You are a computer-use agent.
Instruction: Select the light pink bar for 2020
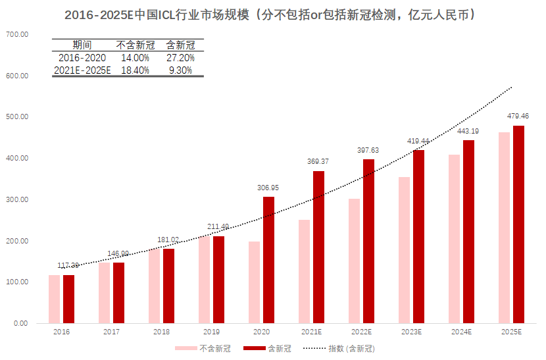pyautogui.click(x=254, y=282)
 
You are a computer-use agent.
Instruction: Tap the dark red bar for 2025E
pyautogui.click(x=518, y=224)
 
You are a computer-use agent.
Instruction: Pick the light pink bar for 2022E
pyautogui.click(x=354, y=261)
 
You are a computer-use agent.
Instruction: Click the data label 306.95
pyautogui.click(x=268, y=188)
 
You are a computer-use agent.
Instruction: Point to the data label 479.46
pyautogui.click(x=518, y=116)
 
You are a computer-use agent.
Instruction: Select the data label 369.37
pyautogui.click(x=318, y=162)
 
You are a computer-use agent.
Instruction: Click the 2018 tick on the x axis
pyautogui.click(x=161, y=332)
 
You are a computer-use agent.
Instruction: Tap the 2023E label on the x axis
pyautogui.click(x=411, y=332)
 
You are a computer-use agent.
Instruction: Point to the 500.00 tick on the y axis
pyautogui.click(x=17, y=117)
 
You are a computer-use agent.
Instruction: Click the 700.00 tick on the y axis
pyautogui.click(x=17, y=34)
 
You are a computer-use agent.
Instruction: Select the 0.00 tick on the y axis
pyautogui.click(x=20, y=324)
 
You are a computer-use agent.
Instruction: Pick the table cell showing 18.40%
pyautogui.click(x=136, y=70)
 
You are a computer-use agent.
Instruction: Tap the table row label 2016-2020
pyautogui.click(x=82, y=58)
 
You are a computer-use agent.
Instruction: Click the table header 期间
pyautogui.click(x=82, y=45)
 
